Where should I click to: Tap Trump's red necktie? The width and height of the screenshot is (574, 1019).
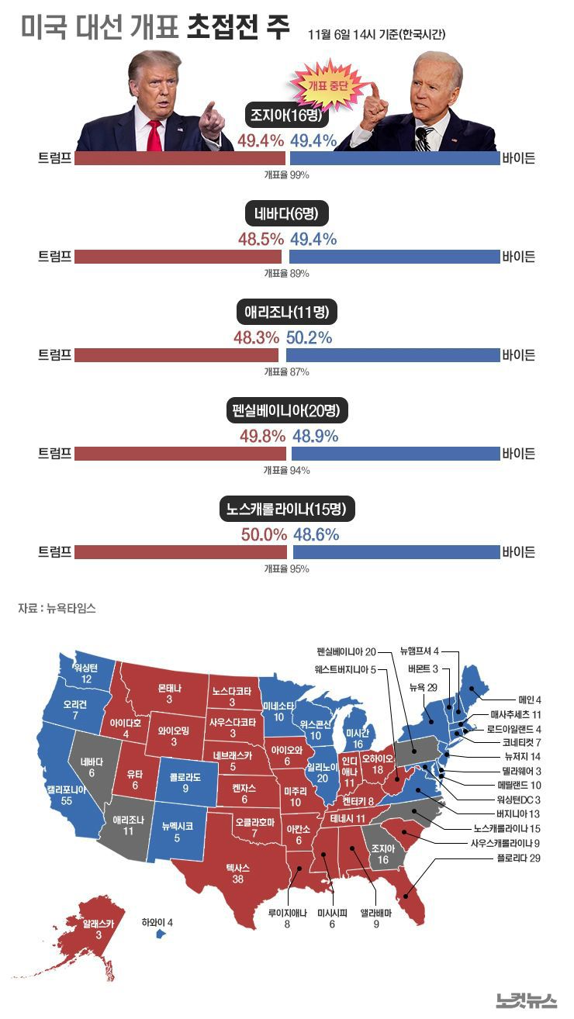pyautogui.click(x=154, y=134)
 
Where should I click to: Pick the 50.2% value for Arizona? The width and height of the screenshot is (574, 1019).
pyautogui.click(x=309, y=337)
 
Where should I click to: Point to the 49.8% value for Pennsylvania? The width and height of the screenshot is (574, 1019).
pyautogui.click(x=263, y=436)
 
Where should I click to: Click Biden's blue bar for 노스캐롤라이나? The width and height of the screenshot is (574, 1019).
pyautogui.click(x=396, y=551)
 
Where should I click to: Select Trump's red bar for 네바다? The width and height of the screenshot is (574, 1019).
pyautogui.click(x=178, y=256)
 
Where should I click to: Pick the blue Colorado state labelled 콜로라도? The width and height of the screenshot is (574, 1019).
pyautogui.click(x=182, y=781)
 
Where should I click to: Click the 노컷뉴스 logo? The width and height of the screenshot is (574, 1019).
pyautogui.click(x=527, y=1000)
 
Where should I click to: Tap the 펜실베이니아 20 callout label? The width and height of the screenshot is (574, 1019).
pyautogui.click(x=346, y=651)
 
